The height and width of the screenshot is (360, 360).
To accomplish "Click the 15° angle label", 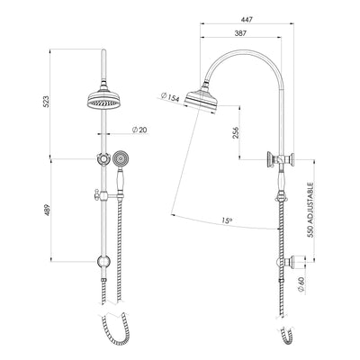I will [226, 220].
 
